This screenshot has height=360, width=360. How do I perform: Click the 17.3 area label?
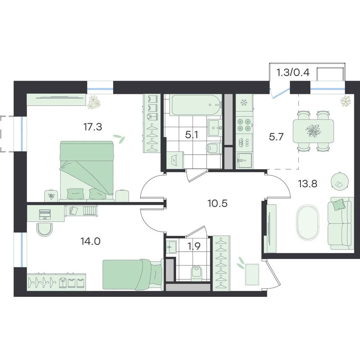click(93, 127)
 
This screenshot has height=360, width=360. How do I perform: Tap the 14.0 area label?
click(90, 241)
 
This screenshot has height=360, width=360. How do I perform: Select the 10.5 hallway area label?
click(217, 203)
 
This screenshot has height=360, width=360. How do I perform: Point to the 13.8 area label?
click(307, 184)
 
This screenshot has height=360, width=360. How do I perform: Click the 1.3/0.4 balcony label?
click(293, 73)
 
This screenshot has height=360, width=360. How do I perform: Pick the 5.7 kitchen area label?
click(276, 137)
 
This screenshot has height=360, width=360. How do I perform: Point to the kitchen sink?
click(244, 160)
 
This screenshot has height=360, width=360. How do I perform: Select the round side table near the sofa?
click(340, 181)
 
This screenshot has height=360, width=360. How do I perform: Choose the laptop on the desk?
click(45, 214)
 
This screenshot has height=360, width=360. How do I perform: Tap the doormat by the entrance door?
click(252, 275)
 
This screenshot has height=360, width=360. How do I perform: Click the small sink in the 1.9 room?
click(171, 247)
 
